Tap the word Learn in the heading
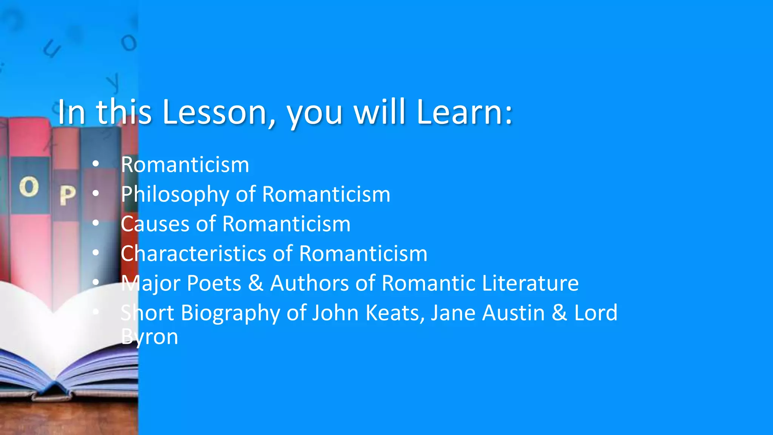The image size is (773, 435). [x=464, y=112]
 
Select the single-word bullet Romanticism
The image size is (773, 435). [x=185, y=165]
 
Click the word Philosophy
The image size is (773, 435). [x=175, y=194]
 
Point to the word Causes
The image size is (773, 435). [x=155, y=224]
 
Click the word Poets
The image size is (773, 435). [x=214, y=283]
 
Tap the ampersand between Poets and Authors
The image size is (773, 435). [x=256, y=283]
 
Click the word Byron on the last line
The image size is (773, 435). [x=149, y=337]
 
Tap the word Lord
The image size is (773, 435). [x=596, y=313]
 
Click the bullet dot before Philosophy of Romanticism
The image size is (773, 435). [x=95, y=194]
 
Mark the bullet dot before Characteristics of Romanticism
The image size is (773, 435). [x=95, y=253]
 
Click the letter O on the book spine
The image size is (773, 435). [x=29, y=187]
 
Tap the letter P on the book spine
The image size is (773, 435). [x=68, y=195]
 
